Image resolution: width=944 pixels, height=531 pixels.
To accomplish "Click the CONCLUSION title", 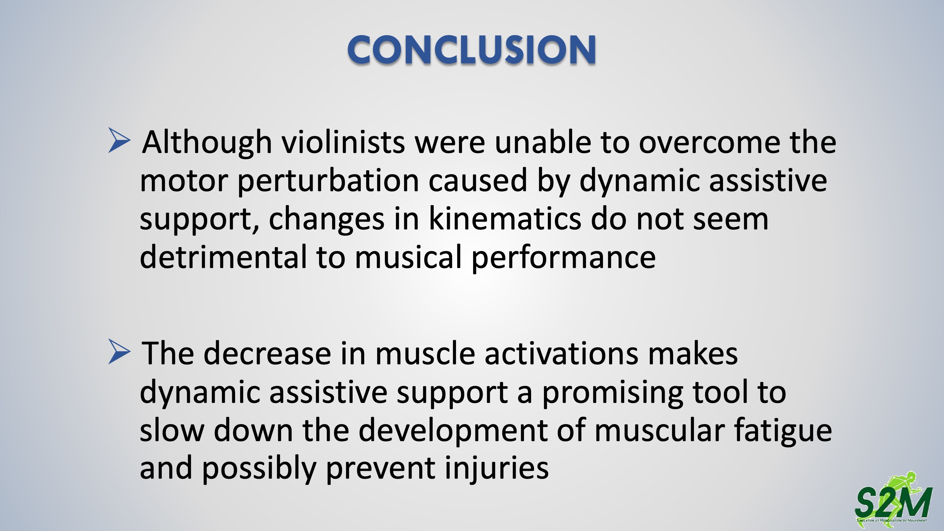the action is coord(472,50).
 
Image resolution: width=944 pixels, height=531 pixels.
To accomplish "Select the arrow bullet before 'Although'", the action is coord(119,140).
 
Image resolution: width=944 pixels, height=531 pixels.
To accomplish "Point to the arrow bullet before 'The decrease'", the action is coord(119,352).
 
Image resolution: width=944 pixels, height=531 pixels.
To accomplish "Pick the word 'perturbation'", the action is coord(328,181).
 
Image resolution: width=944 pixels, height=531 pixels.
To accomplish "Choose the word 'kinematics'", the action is coord(505,219).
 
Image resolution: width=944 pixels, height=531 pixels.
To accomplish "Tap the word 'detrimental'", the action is coord(223,257).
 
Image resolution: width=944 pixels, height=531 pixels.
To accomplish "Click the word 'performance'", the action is coord(564,258).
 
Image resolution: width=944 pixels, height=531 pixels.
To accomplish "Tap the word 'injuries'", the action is coord(497,469).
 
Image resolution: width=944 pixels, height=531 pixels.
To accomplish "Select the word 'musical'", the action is coord(408,257).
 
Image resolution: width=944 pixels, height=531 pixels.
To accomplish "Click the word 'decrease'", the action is coord(268,354).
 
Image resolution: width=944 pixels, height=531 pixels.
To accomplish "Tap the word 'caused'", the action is coord(478,181).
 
